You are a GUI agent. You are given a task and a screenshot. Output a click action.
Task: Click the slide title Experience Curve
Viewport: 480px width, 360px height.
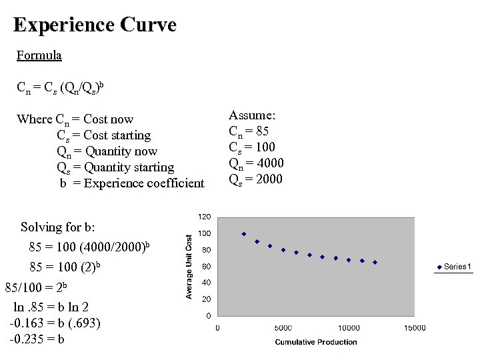pyautogui.click(x=95, y=25)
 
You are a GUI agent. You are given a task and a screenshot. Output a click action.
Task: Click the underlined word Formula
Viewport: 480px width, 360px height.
pyautogui.click(x=39, y=55)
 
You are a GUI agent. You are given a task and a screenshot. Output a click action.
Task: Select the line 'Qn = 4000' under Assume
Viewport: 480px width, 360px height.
pyautogui.click(x=257, y=163)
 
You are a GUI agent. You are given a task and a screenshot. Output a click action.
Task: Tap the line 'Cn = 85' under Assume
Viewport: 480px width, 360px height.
pyautogui.click(x=249, y=131)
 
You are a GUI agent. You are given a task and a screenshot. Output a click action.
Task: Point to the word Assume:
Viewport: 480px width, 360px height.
pyautogui.click(x=252, y=115)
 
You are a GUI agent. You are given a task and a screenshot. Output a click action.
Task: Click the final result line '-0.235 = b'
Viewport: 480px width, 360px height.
pyautogui.click(x=37, y=339)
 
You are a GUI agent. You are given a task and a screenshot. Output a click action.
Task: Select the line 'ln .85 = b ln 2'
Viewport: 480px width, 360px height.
pyautogui.click(x=51, y=307)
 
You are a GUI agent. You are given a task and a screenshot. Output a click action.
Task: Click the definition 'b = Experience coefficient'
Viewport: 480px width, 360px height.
pyautogui.click(x=132, y=183)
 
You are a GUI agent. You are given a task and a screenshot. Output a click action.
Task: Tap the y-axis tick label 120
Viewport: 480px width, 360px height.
pyautogui.click(x=204, y=217)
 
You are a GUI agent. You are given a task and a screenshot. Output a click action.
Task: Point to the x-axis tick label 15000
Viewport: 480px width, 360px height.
pyautogui.click(x=414, y=327)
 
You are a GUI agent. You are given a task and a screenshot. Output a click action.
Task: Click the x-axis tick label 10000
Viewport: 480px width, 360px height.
pyautogui.click(x=349, y=327)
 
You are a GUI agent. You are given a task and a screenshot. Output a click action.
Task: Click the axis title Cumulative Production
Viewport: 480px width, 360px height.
pyautogui.click(x=316, y=342)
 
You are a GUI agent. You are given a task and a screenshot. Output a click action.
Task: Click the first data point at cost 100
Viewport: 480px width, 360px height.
pyautogui.click(x=244, y=234)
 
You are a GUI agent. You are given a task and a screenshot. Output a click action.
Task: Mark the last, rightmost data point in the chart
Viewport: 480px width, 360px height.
pyautogui.click(x=375, y=263)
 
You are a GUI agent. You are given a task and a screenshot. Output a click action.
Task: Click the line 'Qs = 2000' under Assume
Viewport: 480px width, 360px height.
pyautogui.click(x=256, y=179)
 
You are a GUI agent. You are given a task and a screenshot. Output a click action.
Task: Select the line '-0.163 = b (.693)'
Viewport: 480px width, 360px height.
pyautogui.click(x=55, y=323)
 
